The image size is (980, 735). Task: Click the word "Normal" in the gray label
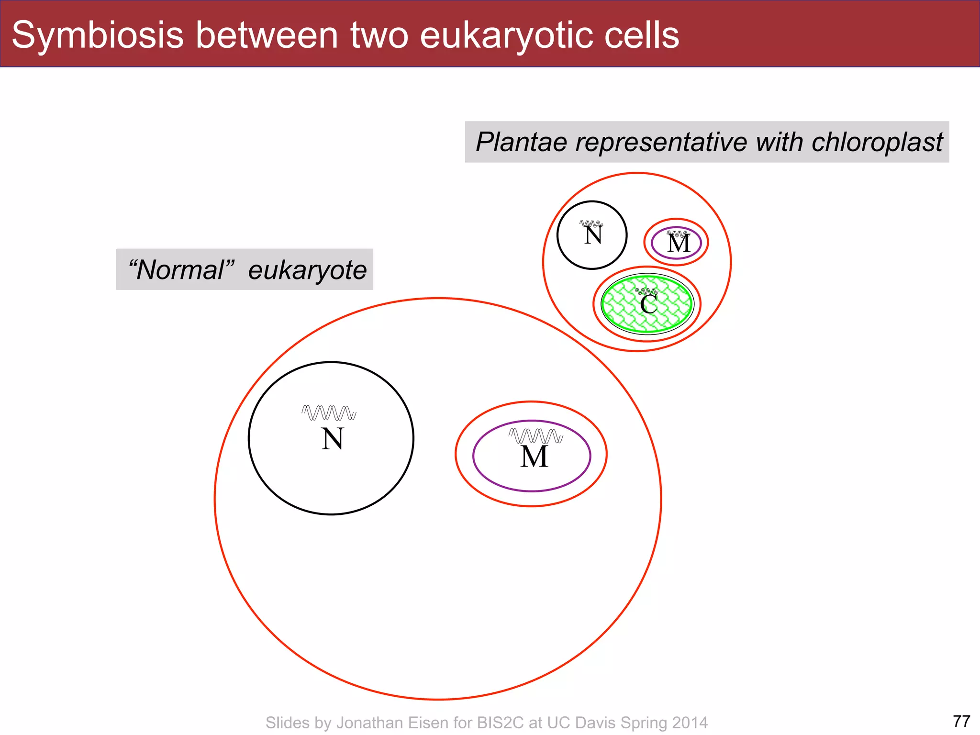181,270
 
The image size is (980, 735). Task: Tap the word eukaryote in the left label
307,270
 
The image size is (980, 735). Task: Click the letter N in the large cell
332,439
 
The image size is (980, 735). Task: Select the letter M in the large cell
534,457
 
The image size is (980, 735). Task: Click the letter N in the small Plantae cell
593,235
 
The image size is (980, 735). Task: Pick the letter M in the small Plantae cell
679,244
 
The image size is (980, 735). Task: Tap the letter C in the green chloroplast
648,304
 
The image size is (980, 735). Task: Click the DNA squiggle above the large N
329,412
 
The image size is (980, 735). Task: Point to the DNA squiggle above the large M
535,435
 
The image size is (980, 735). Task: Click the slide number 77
961,721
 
